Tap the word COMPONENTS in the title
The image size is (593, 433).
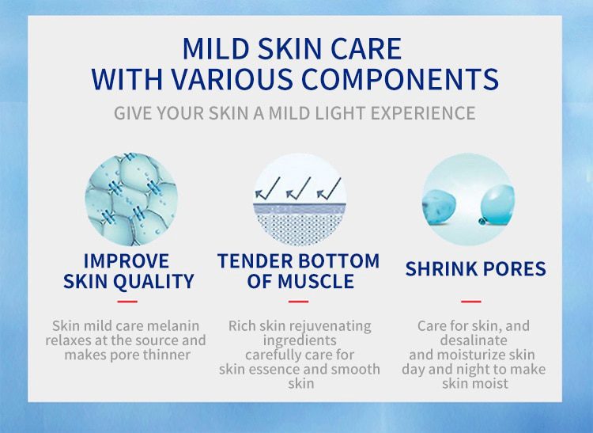click(404, 79)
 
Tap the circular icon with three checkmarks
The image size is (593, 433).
click(298, 199)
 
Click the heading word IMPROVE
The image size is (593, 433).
click(127, 261)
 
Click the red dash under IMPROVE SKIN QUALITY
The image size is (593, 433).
click(127, 302)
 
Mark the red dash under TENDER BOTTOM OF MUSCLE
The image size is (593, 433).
click(298, 302)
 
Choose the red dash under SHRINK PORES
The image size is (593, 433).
click(471, 302)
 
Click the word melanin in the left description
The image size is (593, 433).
click(172, 326)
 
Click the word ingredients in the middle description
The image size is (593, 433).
click(299, 340)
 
